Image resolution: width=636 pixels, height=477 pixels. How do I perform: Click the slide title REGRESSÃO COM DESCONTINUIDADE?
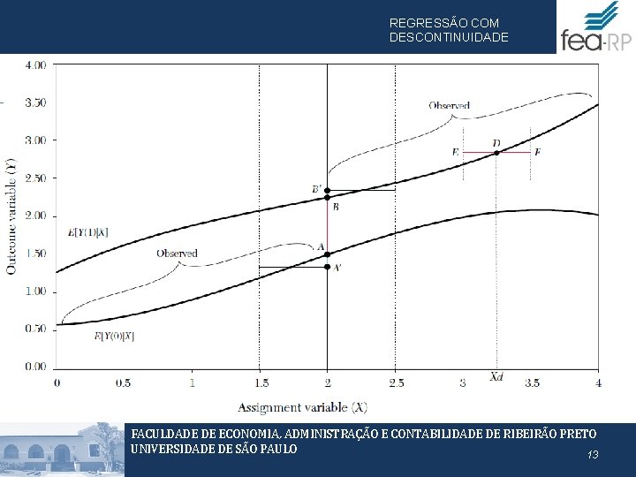pos(449,30)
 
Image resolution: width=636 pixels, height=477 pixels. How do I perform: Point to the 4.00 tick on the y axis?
pos(36,64)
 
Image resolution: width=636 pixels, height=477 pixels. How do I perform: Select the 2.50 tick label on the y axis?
pos(36,178)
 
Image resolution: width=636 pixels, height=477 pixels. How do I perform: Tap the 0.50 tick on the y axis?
pos(36,329)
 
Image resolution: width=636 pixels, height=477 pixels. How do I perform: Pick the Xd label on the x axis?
pos(497,377)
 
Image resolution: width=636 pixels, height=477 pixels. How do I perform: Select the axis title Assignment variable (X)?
pos(302,407)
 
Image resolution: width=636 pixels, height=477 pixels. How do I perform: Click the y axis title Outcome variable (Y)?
pos(11,216)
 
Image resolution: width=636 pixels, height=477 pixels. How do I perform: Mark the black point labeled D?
pos(496,153)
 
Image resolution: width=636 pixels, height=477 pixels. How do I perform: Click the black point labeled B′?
pos(327,191)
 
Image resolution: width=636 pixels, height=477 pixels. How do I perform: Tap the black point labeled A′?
pos(327,267)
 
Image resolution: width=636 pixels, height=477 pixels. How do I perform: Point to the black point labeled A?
pos(327,254)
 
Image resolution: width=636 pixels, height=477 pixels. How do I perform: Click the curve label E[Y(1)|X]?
pos(87,232)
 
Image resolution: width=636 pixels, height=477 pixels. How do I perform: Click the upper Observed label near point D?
pos(450,106)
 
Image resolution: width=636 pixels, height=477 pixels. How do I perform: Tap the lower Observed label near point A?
pos(177,254)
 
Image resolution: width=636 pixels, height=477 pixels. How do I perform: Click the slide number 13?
pos(593,455)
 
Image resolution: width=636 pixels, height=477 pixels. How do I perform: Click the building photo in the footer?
pos(62,450)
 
